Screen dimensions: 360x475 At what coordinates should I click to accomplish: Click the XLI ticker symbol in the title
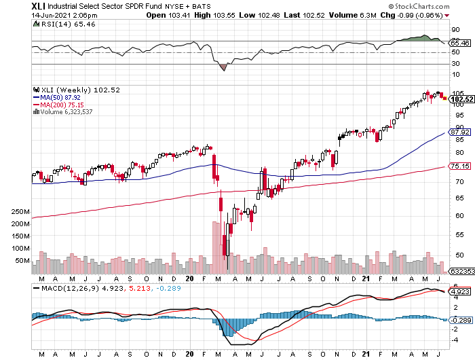click(39, 5)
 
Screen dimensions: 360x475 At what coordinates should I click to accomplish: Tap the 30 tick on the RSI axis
click(455, 63)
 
